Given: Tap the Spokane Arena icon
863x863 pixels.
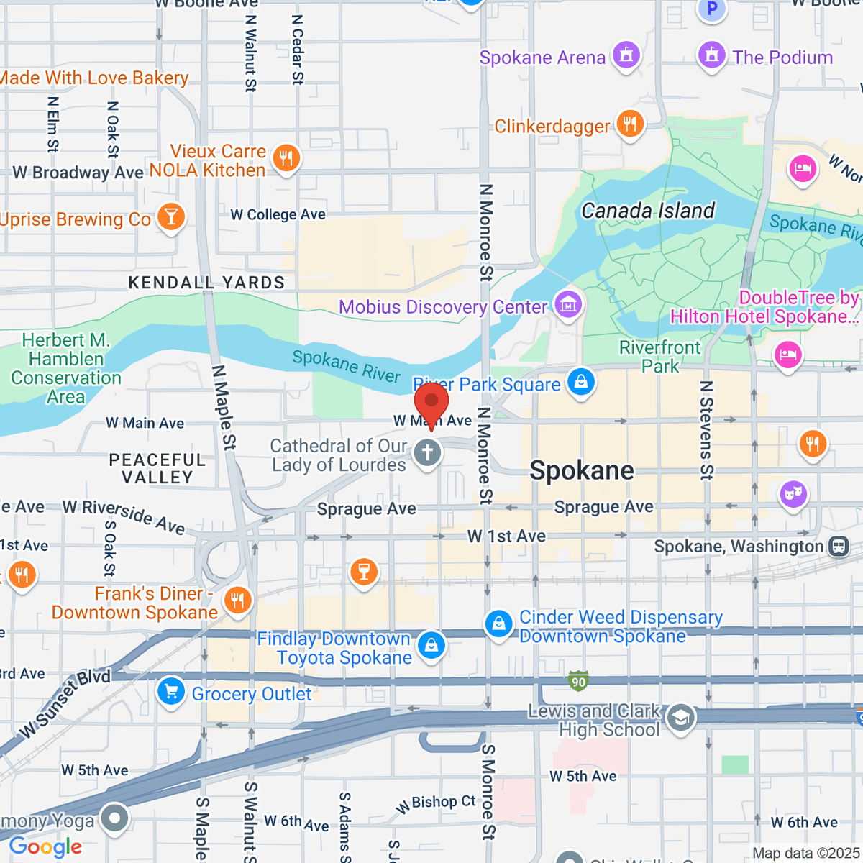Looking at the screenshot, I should pos(626,55).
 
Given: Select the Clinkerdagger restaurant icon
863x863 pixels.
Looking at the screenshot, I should pos(630,124).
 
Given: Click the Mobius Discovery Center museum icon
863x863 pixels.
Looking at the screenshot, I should pos(569,304).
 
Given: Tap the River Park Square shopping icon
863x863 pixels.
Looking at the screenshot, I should pos(581,381).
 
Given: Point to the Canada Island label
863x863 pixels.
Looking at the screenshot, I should pos(648,211).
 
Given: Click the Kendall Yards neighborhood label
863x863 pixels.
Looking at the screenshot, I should pos(206,283).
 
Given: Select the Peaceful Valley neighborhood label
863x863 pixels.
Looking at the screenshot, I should pos(157,468).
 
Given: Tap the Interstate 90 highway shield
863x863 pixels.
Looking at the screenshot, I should pos(578,680).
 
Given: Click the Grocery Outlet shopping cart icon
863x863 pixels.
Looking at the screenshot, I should pos(171,692).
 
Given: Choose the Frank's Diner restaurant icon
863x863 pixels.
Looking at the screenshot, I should pos(237,600).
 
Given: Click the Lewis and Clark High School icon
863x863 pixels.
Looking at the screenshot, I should pos(680,718).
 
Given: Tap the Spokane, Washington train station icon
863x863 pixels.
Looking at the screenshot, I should pos(839,547).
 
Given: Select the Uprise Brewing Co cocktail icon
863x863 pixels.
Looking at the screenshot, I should pos(171,216).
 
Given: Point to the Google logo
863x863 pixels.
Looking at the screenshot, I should pos(45,847).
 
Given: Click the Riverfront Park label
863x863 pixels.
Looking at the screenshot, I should pos(659,357).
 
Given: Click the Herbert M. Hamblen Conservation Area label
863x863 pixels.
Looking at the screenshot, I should pos(66,368).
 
